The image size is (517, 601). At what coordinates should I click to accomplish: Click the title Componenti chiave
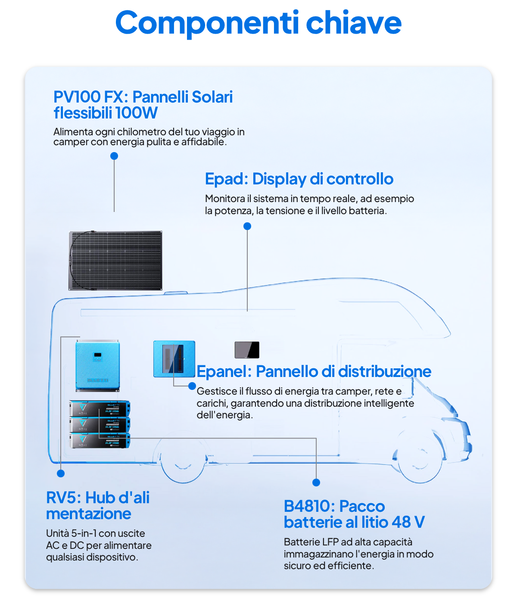click(258, 23)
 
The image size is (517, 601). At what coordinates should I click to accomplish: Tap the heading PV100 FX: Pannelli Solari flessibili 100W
click(143, 105)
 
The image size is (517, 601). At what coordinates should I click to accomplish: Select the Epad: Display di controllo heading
click(299, 178)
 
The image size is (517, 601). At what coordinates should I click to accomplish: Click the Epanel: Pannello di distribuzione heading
click(314, 371)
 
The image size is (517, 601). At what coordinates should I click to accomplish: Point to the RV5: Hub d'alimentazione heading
click(98, 505)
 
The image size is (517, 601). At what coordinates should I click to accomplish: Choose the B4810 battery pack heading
click(354, 514)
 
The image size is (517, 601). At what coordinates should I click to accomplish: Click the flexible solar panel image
click(115, 261)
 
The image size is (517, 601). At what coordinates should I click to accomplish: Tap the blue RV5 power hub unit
click(97, 366)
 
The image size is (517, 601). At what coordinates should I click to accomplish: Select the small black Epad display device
click(247, 350)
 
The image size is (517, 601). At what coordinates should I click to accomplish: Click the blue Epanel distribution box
click(174, 359)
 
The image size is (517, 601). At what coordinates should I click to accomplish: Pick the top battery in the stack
click(100, 408)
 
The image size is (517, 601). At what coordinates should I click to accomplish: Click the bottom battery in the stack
click(100, 440)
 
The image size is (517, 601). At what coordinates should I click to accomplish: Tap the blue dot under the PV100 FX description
click(114, 156)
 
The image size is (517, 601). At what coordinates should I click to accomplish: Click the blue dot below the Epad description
click(247, 226)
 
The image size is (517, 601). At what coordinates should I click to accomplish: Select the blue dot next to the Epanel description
click(192, 386)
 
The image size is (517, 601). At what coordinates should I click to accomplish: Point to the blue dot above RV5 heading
click(61, 473)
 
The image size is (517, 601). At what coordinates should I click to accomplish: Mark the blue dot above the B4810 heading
click(316, 483)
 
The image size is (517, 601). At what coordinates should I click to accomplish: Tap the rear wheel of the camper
click(183, 460)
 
